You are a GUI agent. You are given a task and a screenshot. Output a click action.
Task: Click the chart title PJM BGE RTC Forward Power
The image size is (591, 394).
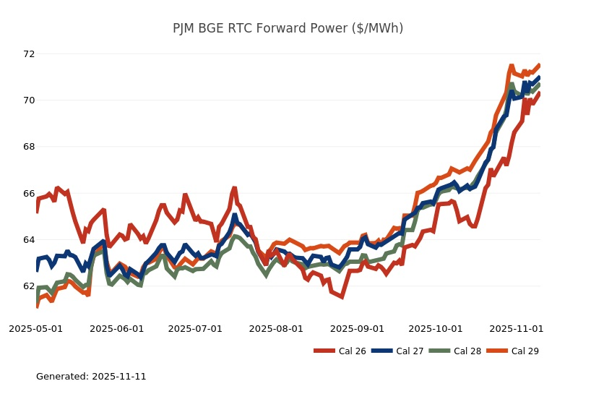click(288, 28)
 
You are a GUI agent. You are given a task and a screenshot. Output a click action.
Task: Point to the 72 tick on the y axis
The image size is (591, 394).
click(29, 54)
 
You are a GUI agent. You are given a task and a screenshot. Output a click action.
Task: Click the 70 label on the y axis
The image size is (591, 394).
click(29, 100)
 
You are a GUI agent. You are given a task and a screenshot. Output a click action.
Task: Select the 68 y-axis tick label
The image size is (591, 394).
click(29, 147)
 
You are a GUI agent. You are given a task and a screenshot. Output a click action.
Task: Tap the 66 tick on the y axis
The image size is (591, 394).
click(29, 194)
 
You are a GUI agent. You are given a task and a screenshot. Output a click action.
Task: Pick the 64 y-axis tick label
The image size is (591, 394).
click(29, 240)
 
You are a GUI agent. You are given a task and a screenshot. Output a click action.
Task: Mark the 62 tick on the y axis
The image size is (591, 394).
click(29, 286)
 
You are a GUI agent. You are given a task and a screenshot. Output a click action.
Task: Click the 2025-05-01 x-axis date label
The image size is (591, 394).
click(36, 329)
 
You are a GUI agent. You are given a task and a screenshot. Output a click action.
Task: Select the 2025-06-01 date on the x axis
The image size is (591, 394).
click(117, 329)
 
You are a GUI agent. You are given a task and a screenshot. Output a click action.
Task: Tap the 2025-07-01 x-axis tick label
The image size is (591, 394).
click(195, 329)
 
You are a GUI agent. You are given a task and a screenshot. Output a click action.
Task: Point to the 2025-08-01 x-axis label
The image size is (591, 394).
click(276, 329)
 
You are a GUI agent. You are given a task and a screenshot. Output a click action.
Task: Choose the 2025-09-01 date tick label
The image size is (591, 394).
click(357, 329)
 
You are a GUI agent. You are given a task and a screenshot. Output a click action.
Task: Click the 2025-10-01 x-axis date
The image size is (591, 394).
click(436, 329)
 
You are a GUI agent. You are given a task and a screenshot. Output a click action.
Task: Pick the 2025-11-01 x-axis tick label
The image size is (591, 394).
click(517, 329)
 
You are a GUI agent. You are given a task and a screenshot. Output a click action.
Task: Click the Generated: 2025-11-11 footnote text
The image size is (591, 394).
click(91, 377)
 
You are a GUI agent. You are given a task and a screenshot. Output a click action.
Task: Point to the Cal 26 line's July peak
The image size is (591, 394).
click(234, 188)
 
